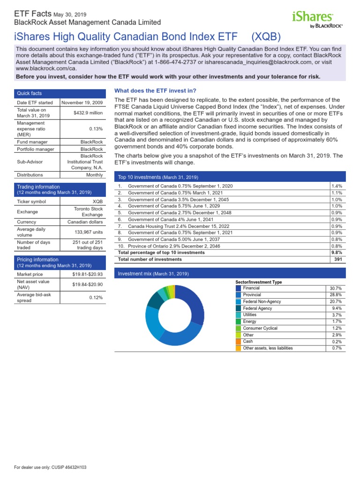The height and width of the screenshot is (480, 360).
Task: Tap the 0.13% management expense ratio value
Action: pos(96,128)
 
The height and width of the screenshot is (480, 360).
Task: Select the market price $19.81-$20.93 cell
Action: pos(87,274)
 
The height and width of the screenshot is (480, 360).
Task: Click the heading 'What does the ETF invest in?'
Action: pos(155,90)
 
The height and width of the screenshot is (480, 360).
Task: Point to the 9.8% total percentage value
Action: pos(337,252)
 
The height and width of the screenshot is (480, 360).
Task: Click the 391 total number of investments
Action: pos(338,259)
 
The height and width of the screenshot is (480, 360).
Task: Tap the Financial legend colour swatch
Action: pos(238,288)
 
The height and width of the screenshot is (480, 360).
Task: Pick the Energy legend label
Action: pos(250,322)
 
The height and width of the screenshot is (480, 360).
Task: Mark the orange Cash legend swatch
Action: pos(238,342)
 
